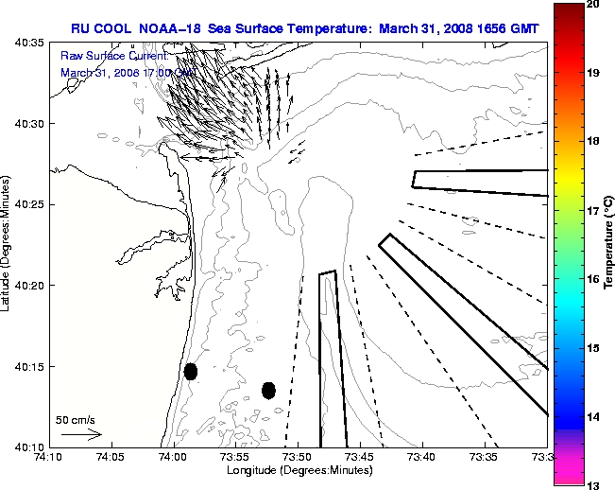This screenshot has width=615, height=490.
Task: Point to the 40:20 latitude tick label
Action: pos(26,286)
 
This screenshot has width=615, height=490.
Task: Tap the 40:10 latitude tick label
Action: pos(26,446)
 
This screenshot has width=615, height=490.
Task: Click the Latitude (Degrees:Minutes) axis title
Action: pos(8,244)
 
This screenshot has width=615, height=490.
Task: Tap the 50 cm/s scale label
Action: pos(75,419)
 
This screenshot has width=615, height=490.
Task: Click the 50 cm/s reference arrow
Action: pos(81,434)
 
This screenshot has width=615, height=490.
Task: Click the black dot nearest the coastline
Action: pos(191,371)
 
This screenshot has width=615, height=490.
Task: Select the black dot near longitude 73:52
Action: pos(268,390)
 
